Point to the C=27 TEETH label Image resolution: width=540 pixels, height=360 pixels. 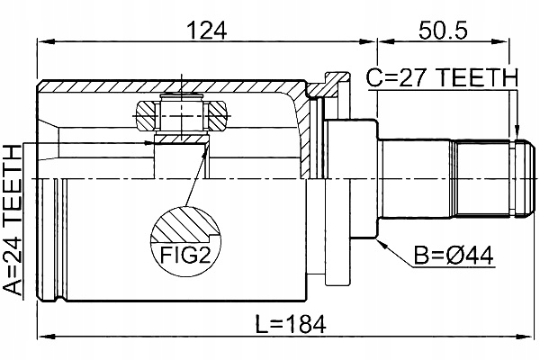tap(442, 79)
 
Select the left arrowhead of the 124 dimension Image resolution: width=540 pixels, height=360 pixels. tap(41, 41)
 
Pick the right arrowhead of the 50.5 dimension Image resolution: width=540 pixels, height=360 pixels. tap(514, 41)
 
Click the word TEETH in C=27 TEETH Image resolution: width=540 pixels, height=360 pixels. tap(481, 79)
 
